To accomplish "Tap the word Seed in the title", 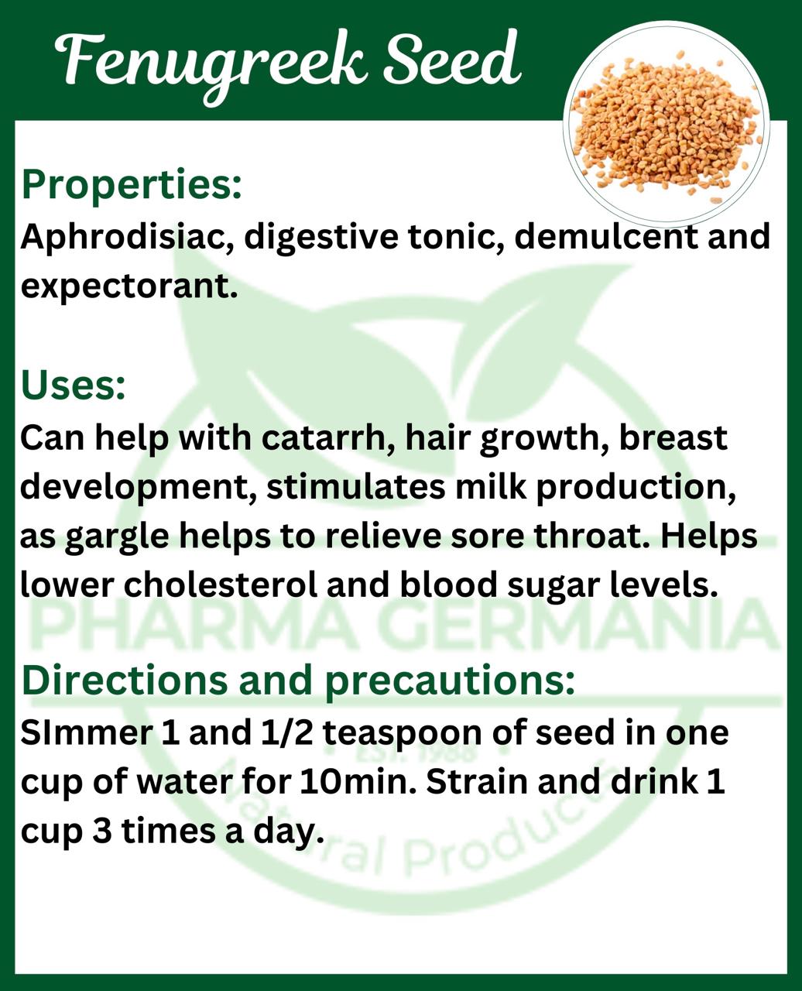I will coord(453,60).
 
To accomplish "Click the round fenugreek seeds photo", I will coord(667,124).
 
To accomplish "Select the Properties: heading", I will coord(132,186).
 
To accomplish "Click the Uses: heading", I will coord(73,386).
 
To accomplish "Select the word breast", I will coord(673,437).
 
